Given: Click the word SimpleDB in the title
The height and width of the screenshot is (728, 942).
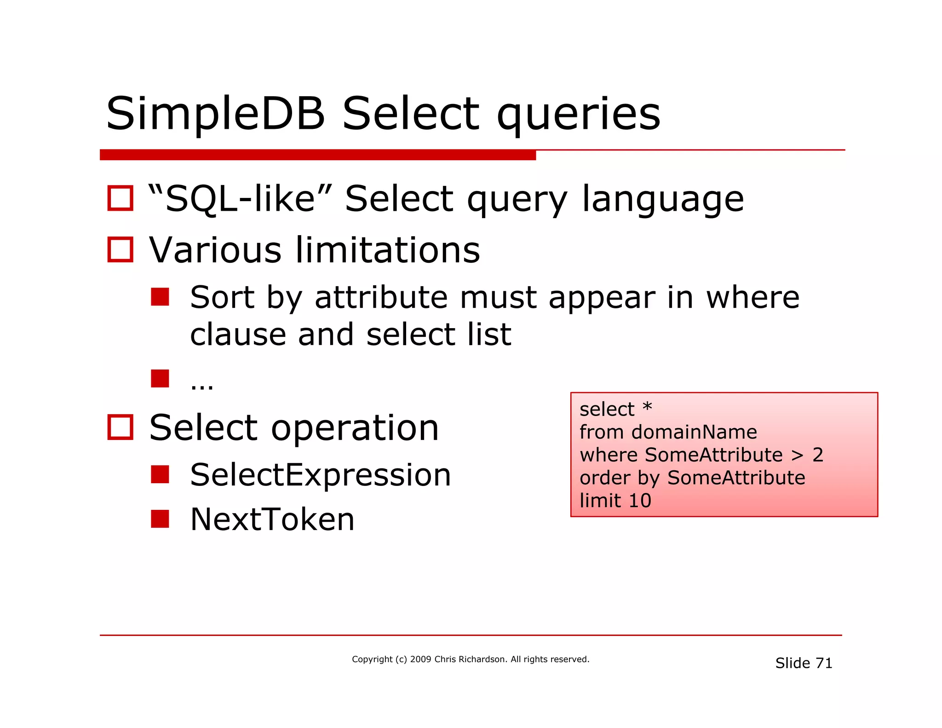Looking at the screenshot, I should coord(215,114).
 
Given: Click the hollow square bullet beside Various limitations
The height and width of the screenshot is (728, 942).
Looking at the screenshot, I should coord(120,250).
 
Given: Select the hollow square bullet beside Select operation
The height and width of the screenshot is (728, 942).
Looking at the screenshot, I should coord(120,428).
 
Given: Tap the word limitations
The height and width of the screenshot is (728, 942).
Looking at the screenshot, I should coord(387,250).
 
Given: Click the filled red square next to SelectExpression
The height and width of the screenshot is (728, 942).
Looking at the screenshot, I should coord(160,474).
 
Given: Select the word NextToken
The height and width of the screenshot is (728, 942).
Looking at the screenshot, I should coord(272,519).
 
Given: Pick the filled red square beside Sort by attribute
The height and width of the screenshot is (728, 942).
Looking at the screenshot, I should coord(160,297).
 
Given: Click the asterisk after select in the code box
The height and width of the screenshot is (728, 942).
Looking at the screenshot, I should coord(647,407).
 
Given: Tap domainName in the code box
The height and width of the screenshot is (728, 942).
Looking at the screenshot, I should coord(694,432).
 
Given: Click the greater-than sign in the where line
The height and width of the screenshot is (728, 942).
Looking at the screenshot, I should coord(797,456).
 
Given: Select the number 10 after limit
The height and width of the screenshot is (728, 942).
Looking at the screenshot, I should coord(640,501).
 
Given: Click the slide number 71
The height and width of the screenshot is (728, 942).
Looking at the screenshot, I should coord(823,663).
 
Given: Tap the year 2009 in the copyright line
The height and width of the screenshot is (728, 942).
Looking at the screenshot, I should coord(420,659).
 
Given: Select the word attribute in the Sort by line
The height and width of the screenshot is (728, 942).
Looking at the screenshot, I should coord(381,298).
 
